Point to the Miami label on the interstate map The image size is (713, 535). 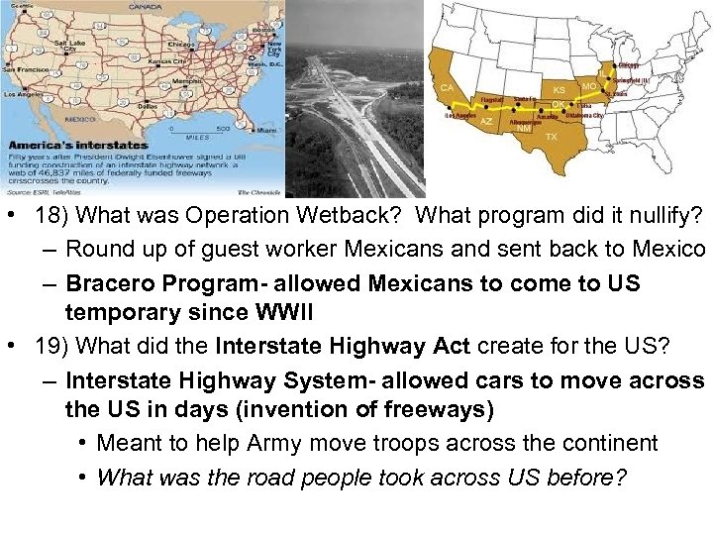(266, 130)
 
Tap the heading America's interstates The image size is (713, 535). (76, 145)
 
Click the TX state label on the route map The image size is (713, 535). (552, 137)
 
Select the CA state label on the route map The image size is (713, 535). (448, 87)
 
